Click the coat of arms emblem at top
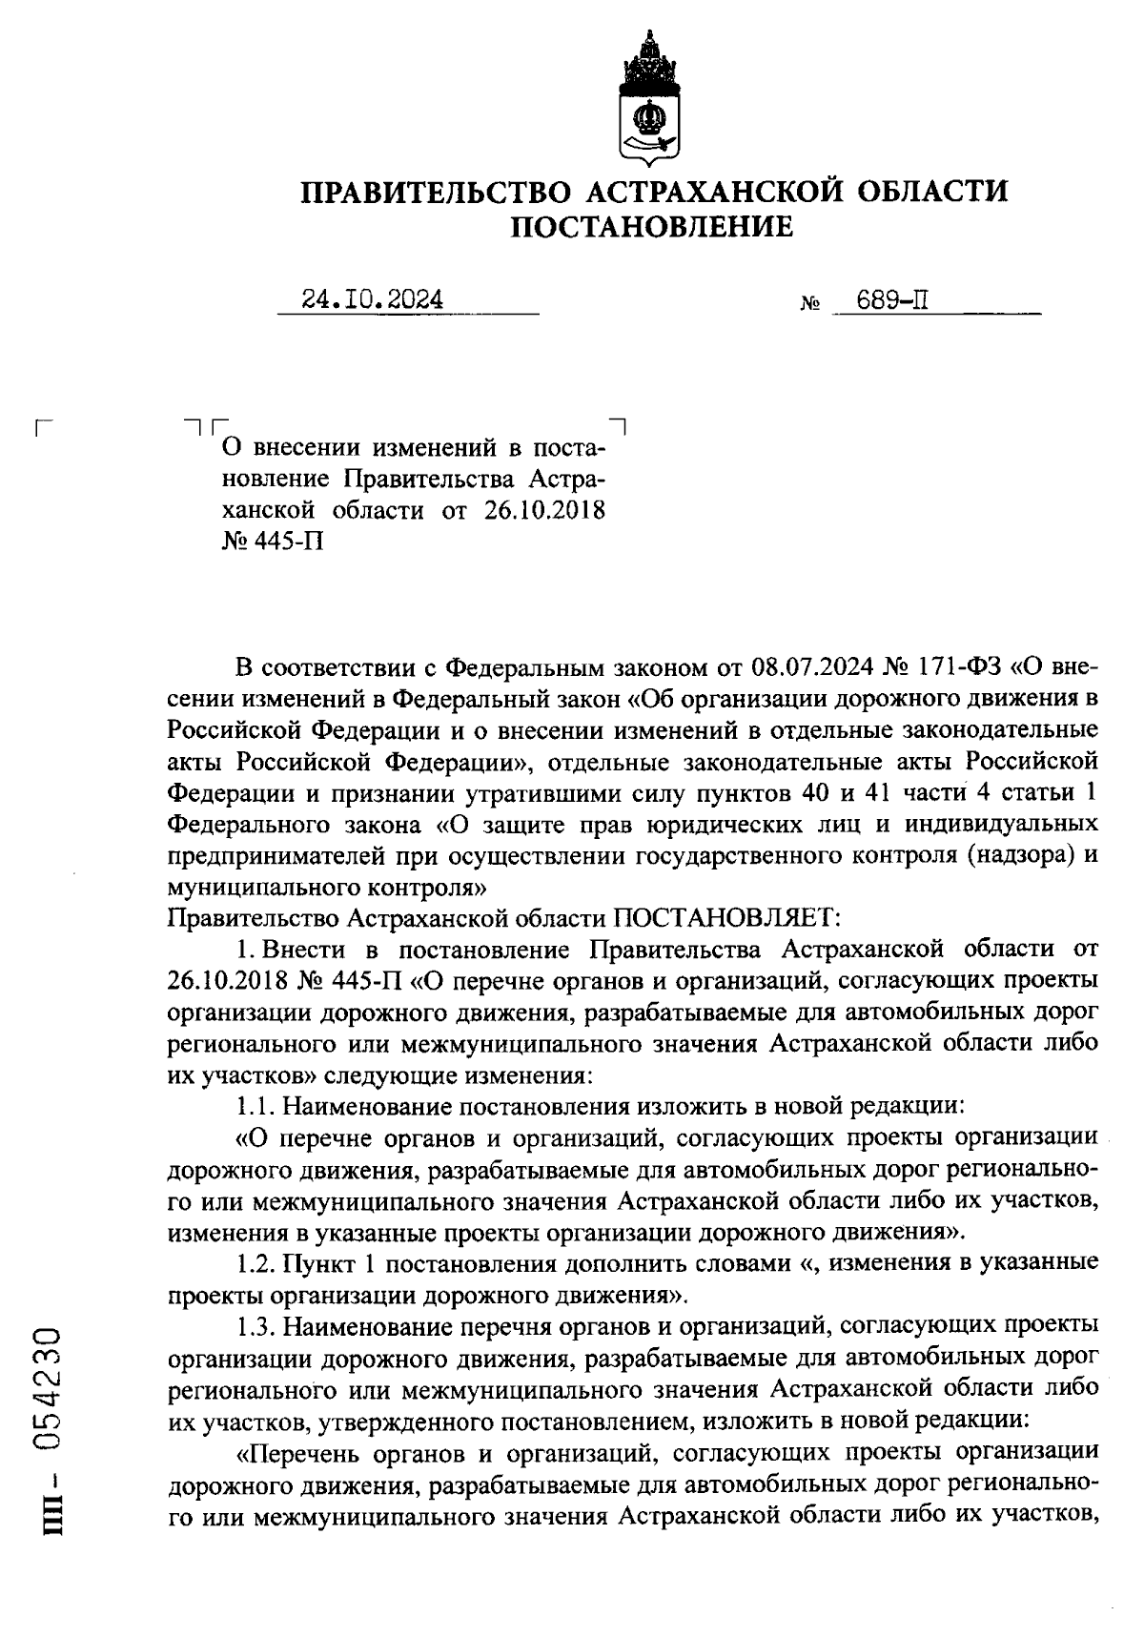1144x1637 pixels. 650,99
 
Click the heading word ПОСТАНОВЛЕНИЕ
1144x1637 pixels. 653,227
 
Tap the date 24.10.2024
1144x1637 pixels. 373,300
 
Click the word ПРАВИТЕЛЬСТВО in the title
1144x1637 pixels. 438,191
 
